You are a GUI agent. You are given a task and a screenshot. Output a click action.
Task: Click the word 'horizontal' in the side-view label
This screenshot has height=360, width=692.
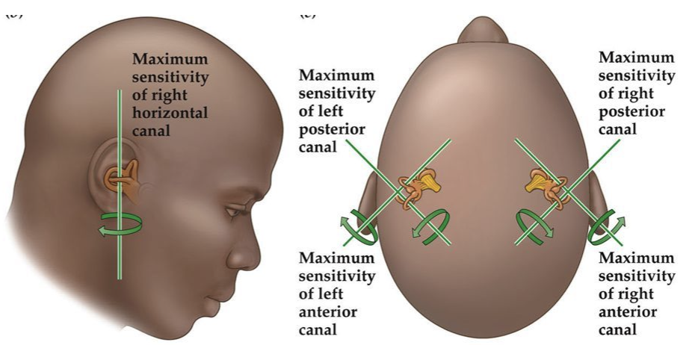pos(170,112)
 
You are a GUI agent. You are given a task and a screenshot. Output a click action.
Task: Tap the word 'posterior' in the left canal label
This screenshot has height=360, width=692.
pos(332,128)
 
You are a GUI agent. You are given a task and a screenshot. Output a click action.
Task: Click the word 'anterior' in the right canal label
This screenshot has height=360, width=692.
pos(628,311)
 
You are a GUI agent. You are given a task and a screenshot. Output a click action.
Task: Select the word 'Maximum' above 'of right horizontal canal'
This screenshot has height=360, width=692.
pos(170,59)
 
